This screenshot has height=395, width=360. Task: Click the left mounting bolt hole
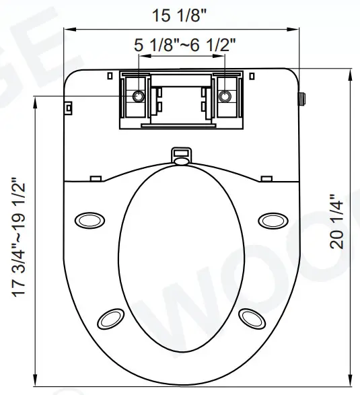[138, 96]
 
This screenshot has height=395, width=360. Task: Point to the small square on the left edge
[69, 106]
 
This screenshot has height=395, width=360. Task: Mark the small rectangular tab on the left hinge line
[96, 178]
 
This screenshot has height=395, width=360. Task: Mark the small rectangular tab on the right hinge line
[267, 178]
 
